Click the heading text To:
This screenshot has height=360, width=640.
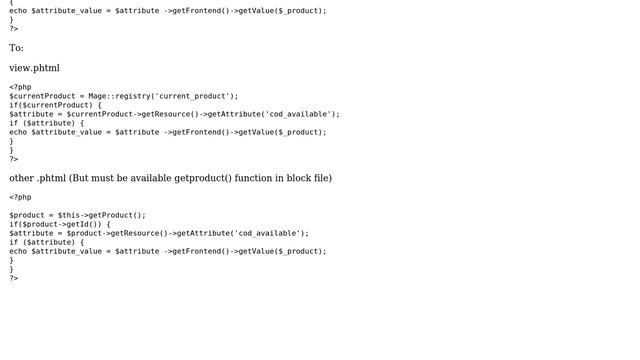(16, 48)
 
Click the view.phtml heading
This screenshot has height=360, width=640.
(34, 68)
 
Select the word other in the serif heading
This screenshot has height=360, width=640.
(22, 178)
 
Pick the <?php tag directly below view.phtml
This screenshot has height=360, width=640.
(20, 87)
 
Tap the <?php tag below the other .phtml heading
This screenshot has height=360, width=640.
(20, 197)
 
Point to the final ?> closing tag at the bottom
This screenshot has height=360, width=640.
(14, 278)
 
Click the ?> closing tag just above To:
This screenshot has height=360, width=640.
(14, 29)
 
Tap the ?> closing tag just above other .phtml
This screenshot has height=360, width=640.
(14, 159)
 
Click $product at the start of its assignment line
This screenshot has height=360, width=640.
(27, 215)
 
